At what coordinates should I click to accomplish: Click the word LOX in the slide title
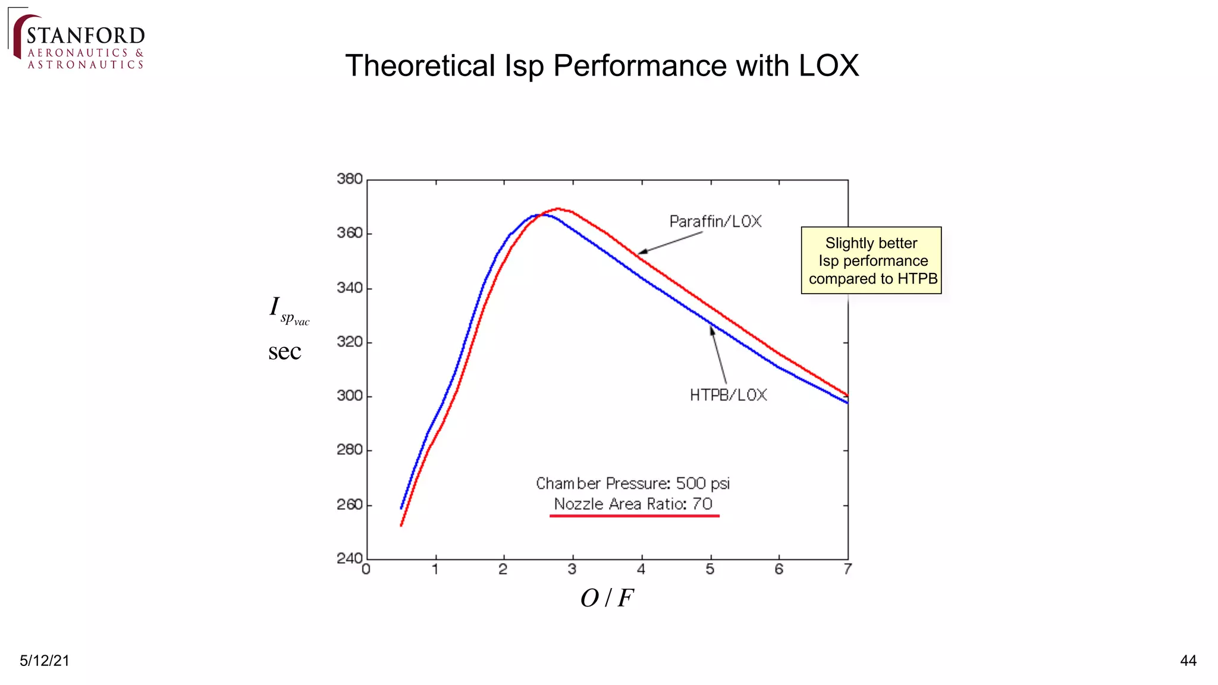point(828,65)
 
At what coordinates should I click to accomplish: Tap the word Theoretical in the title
point(420,65)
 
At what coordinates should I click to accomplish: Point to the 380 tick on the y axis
point(350,179)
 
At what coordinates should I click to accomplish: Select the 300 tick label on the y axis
point(350,396)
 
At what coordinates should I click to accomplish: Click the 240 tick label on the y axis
point(350,558)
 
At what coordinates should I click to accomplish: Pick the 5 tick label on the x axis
point(710,570)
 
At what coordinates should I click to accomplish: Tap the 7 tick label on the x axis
point(847,570)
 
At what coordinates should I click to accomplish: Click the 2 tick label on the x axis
point(503,570)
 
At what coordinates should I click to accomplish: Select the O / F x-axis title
point(607,598)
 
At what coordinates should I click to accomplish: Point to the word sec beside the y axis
point(284,351)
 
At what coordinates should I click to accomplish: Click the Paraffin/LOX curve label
point(715,222)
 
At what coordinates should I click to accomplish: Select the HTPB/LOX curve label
point(728,395)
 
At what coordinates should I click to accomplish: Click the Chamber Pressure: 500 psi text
point(633,483)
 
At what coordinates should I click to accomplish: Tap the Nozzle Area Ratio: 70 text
point(633,504)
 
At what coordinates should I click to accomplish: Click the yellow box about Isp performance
point(871,260)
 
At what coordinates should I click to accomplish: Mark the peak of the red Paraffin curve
point(558,209)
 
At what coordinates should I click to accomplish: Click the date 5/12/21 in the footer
point(45,661)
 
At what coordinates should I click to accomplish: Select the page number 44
point(1188,661)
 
